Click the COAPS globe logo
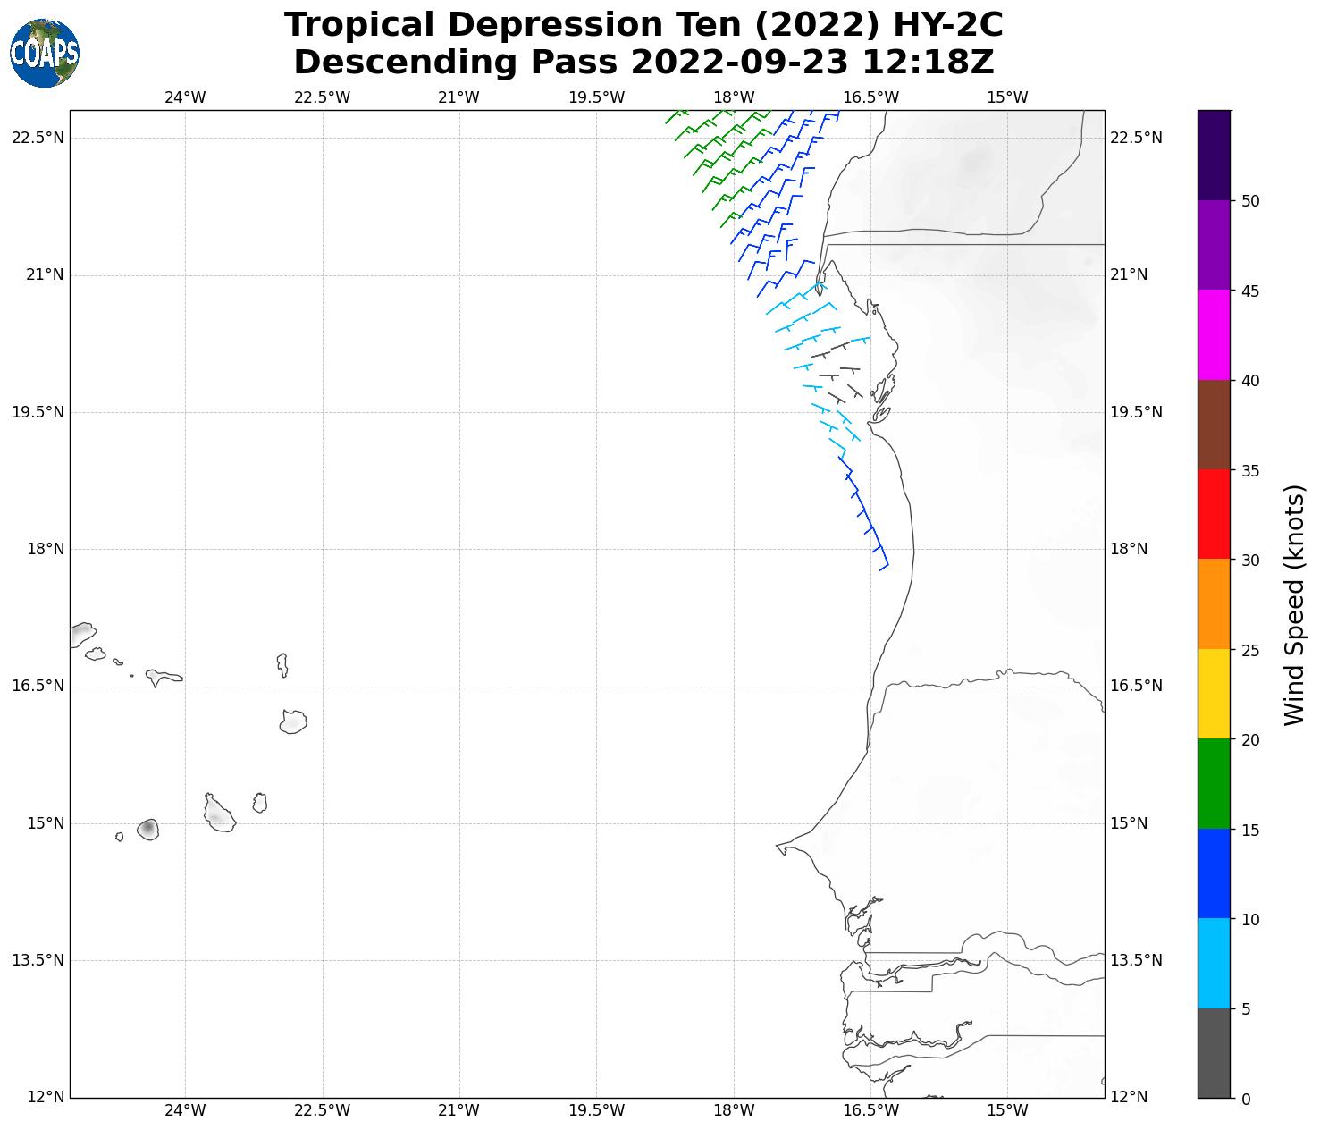[x=45, y=54]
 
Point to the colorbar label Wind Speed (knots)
[x=1293, y=604]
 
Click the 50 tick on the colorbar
[x=1250, y=201]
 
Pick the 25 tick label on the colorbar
[x=1250, y=650]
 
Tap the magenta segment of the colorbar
[x=1214, y=335]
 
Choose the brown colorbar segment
[x=1214, y=425]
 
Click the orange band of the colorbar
[x=1214, y=603]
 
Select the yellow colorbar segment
[x=1214, y=694]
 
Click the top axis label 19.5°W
[x=596, y=97]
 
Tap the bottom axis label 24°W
[x=185, y=1111]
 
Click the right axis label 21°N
[x=1129, y=274]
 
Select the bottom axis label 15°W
[x=1007, y=1111]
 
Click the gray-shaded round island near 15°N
[x=148, y=830]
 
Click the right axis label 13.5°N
[x=1136, y=960]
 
